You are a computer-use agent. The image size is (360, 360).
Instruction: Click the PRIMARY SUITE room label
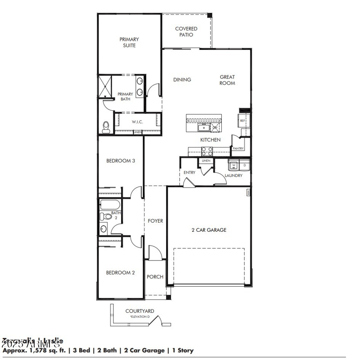coord(129,42)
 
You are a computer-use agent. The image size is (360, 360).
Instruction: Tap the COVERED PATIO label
coord(186,31)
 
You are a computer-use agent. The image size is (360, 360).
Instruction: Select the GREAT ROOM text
coord(227,80)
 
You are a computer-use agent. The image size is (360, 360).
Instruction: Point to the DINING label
coord(182,80)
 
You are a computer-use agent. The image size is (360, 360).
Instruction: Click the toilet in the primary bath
coord(106,127)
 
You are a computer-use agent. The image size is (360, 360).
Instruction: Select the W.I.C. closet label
coord(137,122)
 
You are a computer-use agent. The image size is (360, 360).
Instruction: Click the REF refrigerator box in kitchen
coord(242,121)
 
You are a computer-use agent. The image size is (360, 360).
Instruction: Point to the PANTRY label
coord(238,148)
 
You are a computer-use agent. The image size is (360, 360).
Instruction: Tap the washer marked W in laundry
coord(234,166)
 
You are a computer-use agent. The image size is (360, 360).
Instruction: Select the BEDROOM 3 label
coord(121,161)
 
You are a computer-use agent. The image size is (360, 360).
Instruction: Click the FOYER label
coord(156,221)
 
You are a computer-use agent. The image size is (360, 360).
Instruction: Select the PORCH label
coord(155,277)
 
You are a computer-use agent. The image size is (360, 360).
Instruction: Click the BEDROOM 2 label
coord(121,272)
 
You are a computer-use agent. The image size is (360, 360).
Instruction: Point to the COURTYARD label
coord(139,311)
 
